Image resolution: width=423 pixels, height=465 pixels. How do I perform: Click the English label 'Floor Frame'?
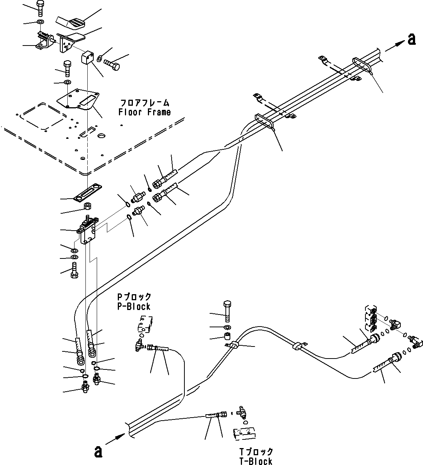pyautogui.click(x=145, y=112)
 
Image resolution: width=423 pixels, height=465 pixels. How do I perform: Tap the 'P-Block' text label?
pyautogui.click(x=134, y=306)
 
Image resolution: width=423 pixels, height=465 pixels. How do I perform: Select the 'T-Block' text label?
pyautogui.click(x=256, y=461)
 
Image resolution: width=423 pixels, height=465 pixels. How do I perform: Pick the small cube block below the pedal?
pyautogui.click(x=87, y=58)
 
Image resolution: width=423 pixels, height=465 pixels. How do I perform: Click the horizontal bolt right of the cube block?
pyautogui.click(x=111, y=62)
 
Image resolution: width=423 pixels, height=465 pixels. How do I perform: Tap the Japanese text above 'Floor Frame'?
pyautogui.click(x=145, y=103)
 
